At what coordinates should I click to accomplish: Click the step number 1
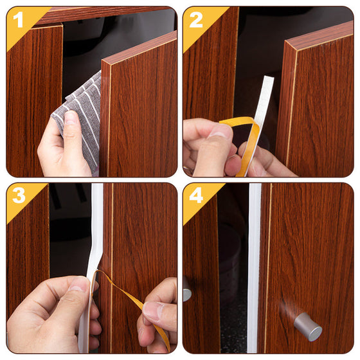(x=18, y=19)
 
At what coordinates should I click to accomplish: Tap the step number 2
(x=196, y=20)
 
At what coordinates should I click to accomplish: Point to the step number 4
(x=196, y=195)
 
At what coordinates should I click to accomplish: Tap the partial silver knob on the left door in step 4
(x=187, y=289)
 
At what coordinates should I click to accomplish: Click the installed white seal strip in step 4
(x=254, y=268)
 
